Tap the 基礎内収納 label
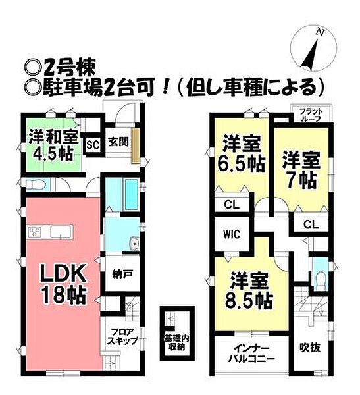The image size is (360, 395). [x=176, y=342]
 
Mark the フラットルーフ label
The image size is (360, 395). [x=310, y=116]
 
